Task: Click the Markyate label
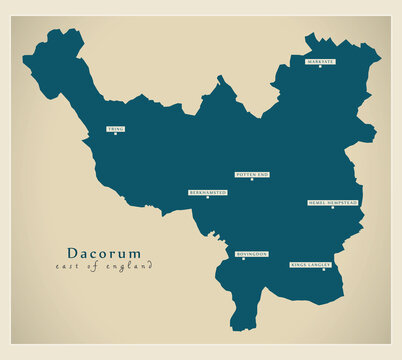pos(320,62)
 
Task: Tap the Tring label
pos(115,129)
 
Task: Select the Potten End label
pos(252,174)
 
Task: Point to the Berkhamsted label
pos(208,192)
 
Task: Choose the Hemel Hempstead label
pos(333,202)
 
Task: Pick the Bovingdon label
pos(251,254)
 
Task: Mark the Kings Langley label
pos(309,264)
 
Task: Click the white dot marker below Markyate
pos(320,67)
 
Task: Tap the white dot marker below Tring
pos(115,134)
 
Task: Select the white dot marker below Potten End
pos(252,179)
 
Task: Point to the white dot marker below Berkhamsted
pos(208,197)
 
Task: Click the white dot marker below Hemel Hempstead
pos(333,207)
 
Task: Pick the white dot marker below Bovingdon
pos(242,259)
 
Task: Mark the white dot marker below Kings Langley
pos(323,269)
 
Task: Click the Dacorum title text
pos(104,253)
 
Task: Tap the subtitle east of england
pos(104,266)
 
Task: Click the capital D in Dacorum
pos(73,253)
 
